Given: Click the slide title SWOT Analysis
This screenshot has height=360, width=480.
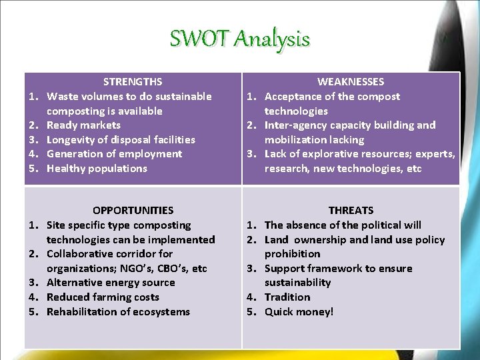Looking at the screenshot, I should coord(239,39).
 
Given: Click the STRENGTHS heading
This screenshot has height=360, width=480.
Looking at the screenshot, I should coord(133,82).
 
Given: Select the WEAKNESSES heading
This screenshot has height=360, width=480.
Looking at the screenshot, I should coord(351,82).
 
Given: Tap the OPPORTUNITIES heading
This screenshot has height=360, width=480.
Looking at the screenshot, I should coord(133,211).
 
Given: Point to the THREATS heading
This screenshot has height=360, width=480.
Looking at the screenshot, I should coord(351,211).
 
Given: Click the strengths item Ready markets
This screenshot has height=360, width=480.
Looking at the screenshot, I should coord(83,125).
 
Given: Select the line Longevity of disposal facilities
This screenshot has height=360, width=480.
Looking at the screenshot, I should coord(121,140).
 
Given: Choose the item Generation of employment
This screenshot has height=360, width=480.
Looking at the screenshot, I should coord(114,154).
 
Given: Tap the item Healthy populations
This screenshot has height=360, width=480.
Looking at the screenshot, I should coord(97,169).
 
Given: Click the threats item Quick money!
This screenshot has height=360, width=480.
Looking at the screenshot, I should coord(299,312).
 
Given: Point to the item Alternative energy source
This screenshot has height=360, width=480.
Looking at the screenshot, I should coord(111,283).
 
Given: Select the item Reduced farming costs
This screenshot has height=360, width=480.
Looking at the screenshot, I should coord(103,297).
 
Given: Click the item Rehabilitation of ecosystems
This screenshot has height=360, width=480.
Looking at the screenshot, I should coord(118,312).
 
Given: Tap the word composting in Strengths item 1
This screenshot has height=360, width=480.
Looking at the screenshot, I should coord(73,111).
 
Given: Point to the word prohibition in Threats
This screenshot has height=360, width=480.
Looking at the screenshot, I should coord(292,254).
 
